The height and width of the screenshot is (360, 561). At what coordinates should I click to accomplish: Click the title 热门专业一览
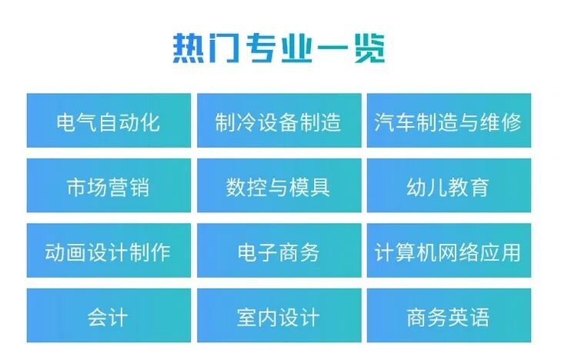279,48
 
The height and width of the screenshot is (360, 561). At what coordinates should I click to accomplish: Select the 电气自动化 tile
109,121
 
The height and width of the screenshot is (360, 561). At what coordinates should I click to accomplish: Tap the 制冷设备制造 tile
279,121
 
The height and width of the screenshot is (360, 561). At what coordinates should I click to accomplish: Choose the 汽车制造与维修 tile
448,121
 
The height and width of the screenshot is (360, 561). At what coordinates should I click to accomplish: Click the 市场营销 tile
109,186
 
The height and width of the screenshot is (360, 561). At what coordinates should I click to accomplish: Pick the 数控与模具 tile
279,186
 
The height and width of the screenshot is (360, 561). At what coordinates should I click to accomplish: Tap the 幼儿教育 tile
448,186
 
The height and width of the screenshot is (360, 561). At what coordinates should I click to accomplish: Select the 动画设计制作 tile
109,251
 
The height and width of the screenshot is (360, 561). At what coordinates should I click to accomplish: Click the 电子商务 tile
279,251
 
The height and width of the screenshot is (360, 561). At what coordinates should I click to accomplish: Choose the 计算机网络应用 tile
448,251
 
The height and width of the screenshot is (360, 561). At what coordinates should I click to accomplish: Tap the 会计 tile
109,315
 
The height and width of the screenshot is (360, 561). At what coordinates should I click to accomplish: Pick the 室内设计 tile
279,315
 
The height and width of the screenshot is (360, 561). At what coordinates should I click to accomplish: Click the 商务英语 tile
448,315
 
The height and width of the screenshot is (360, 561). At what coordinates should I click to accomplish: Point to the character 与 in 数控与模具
278,186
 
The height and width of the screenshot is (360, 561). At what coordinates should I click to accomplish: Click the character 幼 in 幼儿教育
416,186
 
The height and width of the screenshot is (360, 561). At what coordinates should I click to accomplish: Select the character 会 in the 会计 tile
98,315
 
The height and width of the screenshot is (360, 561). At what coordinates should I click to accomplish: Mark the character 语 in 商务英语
479,315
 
